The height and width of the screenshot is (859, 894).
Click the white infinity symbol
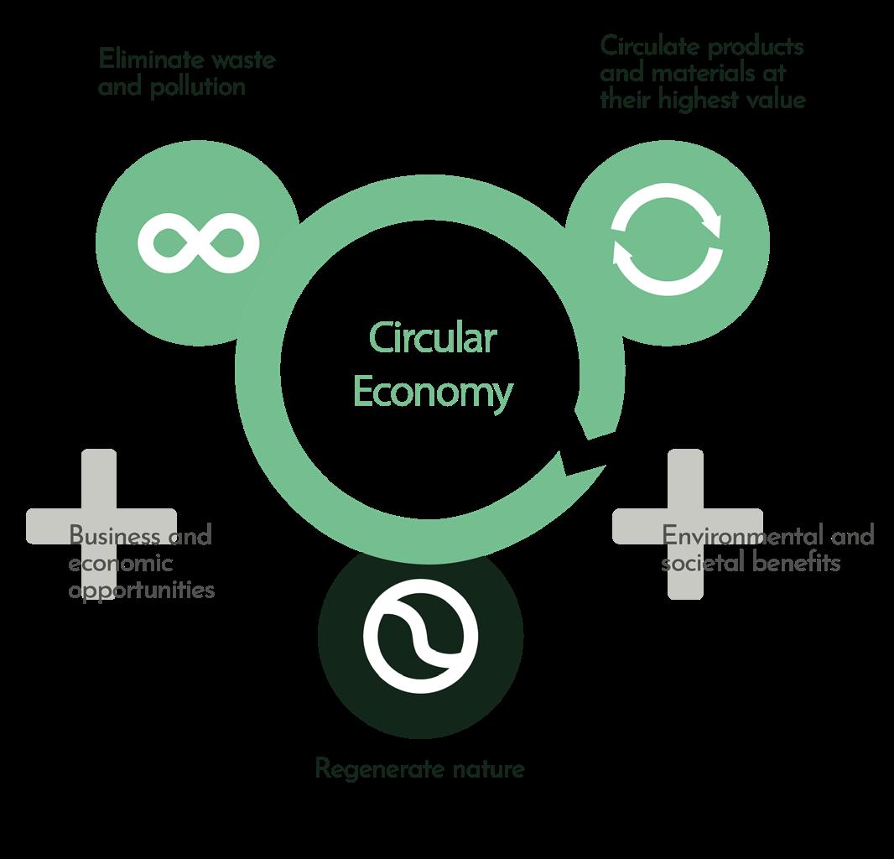(x=199, y=242)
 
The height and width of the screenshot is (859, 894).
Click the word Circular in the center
(x=433, y=338)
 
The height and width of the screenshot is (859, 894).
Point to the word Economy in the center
(x=434, y=393)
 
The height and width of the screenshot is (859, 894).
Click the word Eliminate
(x=150, y=60)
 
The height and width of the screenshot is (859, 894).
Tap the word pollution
(x=198, y=87)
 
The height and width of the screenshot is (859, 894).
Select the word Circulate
(x=649, y=46)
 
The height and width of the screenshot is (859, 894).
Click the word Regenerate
(x=380, y=769)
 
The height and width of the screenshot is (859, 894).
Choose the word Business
(x=115, y=535)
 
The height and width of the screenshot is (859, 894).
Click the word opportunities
(x=142, y=591)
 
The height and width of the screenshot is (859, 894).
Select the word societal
(x=703, y=563)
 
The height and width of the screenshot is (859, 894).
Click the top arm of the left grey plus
(x=99, y=478)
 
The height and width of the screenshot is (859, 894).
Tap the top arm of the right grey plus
(x=685, y=478)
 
